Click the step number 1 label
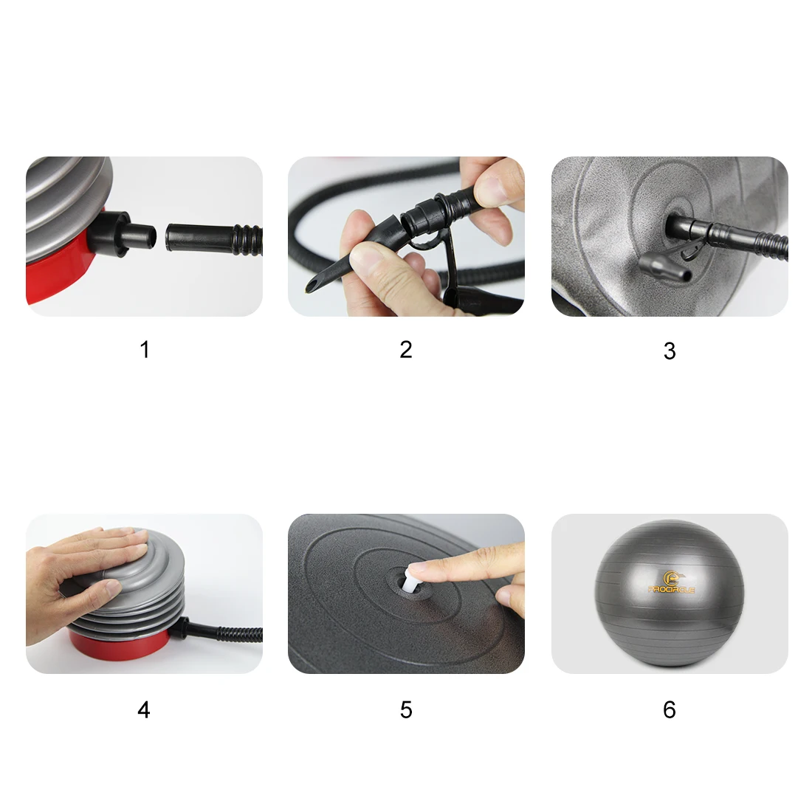(x=145, y=350)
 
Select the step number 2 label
(x=406, y=350)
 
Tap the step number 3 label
(x=670, y=351)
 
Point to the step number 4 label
(x=144, y=709)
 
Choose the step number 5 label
(x=406, y=709)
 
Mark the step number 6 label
(x=670, y=709)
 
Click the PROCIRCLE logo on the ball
(x=672, y=582)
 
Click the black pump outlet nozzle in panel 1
(x=123, y=235)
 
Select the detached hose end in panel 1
(x=214, y=239)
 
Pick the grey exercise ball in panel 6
(x=670, y=593)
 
